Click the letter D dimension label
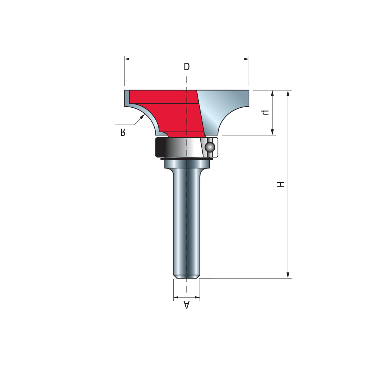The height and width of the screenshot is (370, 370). [x=187, y=67]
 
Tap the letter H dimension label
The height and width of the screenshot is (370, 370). [x=280, y=184]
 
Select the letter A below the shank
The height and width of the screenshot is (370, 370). [x=187, y=305]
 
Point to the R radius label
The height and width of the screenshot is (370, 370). [x=123, y=132]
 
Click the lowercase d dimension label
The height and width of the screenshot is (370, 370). [x=266, y=112]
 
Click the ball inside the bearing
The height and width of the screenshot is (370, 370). [x=210, y=147]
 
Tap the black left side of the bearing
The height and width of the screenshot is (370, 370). [x=161, y=147]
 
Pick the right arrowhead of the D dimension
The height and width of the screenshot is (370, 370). [x=246, y=59]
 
